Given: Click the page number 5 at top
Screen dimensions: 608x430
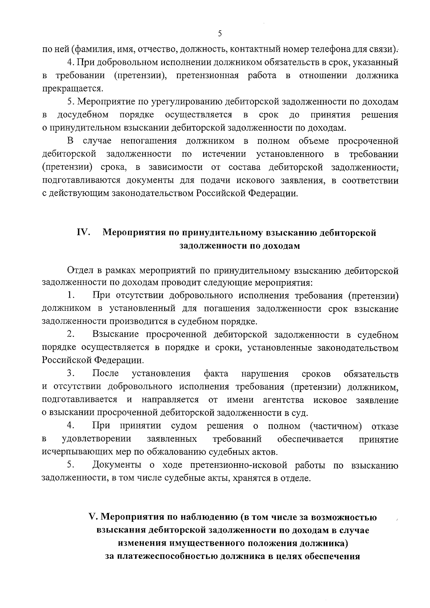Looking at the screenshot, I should [x=220, y=33].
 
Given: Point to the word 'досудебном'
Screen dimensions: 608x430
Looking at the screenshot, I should [x=83, y=115].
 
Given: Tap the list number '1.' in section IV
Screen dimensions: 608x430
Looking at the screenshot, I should [x=71, y=296].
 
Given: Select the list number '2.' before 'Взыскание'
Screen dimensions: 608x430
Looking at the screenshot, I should [x=71, y=335].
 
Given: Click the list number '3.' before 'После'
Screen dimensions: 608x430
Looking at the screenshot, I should [x=71, y=374].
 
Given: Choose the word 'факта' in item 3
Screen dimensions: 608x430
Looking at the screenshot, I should [x=216, y=374].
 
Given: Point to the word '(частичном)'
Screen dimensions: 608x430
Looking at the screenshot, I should [x=335, y=426].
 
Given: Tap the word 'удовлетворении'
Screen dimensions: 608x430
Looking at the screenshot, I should [x=96, y=439].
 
